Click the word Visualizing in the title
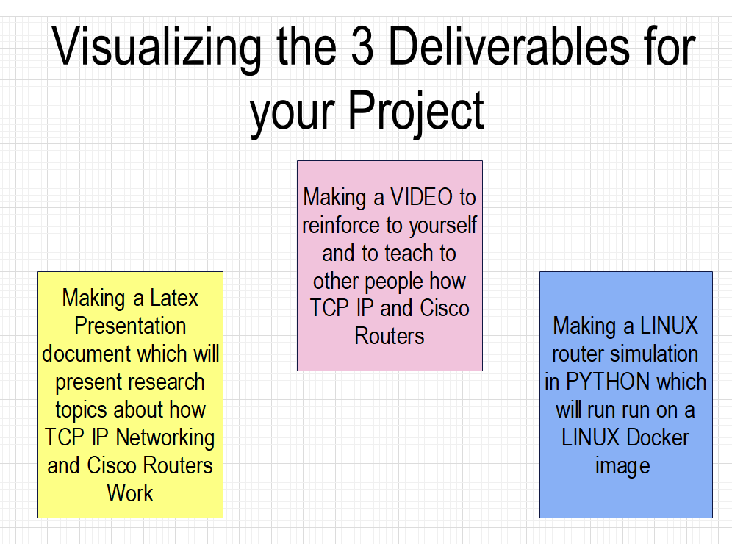coord(157,48)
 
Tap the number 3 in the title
coord(362,46)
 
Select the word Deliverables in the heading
coord(509,46)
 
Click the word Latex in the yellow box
coord(173,298)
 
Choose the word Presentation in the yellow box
coord(130,326)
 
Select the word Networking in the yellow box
coord(165,439)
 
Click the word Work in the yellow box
coord(130,493)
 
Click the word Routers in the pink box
coord(390,336)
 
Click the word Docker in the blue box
coord(658,437)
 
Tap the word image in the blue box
coord(622,467)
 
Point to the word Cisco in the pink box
coord(445,308)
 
